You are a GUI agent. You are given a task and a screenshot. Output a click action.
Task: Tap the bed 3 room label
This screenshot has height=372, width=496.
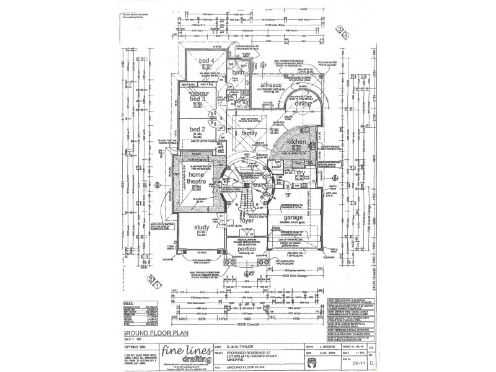197,99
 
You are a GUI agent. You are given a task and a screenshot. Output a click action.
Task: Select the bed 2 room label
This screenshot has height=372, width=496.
197,129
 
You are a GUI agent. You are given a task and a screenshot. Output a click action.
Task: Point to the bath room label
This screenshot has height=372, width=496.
239,73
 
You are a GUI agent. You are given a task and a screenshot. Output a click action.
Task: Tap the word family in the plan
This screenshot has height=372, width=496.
249,133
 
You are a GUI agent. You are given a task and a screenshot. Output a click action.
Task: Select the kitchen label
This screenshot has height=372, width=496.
298,142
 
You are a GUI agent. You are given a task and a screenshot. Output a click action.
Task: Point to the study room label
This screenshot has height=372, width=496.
203,228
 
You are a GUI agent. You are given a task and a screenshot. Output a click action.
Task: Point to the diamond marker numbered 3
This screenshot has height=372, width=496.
339,29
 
